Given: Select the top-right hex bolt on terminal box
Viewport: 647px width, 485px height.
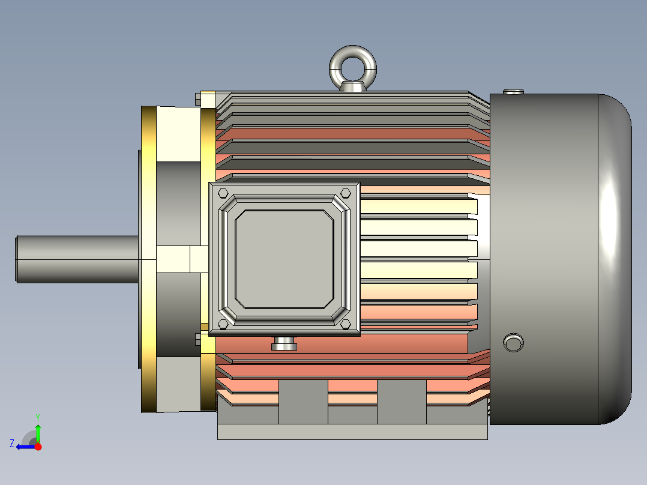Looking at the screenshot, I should coord(345,193).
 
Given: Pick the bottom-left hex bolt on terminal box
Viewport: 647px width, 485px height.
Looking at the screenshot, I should coord(223,324).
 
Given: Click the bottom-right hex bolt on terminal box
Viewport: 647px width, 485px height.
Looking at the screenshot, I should coord(345,324).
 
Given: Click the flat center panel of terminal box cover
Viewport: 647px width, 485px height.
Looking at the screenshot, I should coord(284,259).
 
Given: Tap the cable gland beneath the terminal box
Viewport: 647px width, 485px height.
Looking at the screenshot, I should coord(284,344).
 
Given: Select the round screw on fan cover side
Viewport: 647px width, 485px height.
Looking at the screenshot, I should coord(513,343).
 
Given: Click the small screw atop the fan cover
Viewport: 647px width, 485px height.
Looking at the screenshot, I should coord(513,92).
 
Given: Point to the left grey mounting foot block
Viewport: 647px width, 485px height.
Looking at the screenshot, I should coord(303,402).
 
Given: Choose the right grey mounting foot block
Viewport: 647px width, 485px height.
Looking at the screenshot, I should coord(402,402).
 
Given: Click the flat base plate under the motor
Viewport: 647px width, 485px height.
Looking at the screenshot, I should coord(352,432).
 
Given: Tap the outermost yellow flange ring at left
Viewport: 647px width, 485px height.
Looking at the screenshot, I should coord(148,259).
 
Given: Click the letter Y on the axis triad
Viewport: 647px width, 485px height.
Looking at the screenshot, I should coord(38,416).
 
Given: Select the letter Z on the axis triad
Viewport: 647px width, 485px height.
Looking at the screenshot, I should coord(12,444).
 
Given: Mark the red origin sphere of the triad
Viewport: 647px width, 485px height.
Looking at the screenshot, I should coord(38,447).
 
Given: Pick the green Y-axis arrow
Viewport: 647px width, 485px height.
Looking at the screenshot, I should coord(38,432).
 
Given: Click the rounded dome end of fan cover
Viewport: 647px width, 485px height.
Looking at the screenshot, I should coord(615,259).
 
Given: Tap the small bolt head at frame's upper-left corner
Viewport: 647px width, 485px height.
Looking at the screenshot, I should coord(197,97).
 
